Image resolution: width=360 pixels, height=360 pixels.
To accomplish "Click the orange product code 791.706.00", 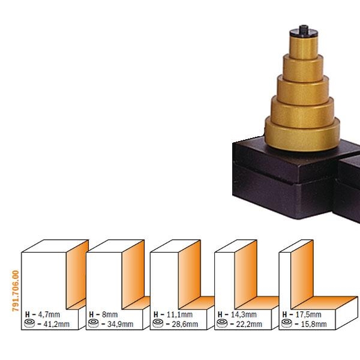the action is coord(16,290).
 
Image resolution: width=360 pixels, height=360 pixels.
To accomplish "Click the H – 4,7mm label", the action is coord(43,314).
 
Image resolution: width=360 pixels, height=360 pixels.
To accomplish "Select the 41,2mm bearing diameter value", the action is coord(56,324).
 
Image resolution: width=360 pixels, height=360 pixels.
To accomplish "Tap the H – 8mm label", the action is coord(103,314).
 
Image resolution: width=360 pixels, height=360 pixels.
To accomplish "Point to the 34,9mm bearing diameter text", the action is coord(121,324).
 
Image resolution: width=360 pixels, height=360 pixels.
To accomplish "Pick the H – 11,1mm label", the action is coord(173,314).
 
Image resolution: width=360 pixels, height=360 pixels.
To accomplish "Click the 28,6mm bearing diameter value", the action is coord(185,324).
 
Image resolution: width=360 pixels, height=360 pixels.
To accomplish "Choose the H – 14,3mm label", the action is coord(237,314).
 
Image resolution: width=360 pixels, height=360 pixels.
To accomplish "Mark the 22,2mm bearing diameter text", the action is coord(249,324).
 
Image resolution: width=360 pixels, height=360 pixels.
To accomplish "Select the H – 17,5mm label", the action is coord(302,314).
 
